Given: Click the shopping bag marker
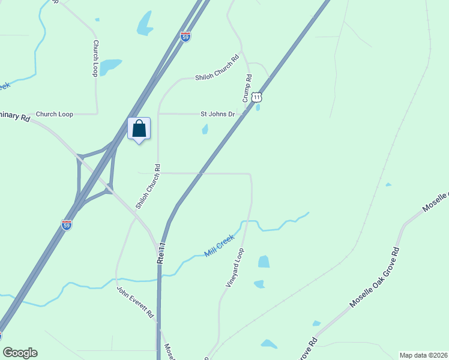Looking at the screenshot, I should (139, 129).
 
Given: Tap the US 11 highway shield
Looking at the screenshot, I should (257, 97).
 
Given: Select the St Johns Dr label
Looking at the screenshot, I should (217, 113).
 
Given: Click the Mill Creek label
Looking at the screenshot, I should (218, 246).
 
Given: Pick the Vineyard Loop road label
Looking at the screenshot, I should (235, 268).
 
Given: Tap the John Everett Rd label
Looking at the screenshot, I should (136, 304).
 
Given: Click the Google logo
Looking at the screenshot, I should (20, 353).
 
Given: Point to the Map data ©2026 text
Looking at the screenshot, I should (423, 355).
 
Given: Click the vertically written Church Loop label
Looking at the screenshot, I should (95, 58).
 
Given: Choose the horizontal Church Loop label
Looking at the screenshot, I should (54, 113).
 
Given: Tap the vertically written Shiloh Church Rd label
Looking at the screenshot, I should (148, 186).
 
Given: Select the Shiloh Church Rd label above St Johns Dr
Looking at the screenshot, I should (217, 67).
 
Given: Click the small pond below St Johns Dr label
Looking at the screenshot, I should (205, 129).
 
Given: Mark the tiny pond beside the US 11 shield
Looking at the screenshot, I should (258, 108).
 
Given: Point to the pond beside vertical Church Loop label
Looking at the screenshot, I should (110, 66).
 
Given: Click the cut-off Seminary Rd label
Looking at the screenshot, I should (14, 118).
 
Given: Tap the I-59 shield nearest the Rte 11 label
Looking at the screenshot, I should (67, 225).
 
